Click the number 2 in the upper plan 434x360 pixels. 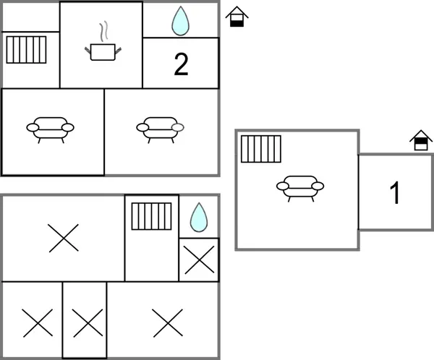click(x=181, y=64)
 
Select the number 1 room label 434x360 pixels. click(x=395, y=193)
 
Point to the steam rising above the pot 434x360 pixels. click(x=104, y=30)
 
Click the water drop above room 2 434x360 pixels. click(x=180, y=21)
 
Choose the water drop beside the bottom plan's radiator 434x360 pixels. click(x=198, y=216)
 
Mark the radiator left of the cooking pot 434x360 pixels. click(x=26, y=51)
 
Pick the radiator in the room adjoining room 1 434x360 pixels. click(x=260, y=149)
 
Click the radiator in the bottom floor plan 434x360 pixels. click(x=151, y=216)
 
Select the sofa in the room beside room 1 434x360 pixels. click(x=299, y=187)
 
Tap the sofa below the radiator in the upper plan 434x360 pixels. click(x=51, y=128)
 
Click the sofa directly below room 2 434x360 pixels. click(x=160, y=128)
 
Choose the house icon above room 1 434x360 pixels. click(x=420, y=140)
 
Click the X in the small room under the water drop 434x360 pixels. click(x=198, y=260)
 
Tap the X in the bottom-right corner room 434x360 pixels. click(x=166, y=322)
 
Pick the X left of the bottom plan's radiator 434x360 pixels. click(x=63, y=238)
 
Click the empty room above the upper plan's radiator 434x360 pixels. click(x=30, y=17)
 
